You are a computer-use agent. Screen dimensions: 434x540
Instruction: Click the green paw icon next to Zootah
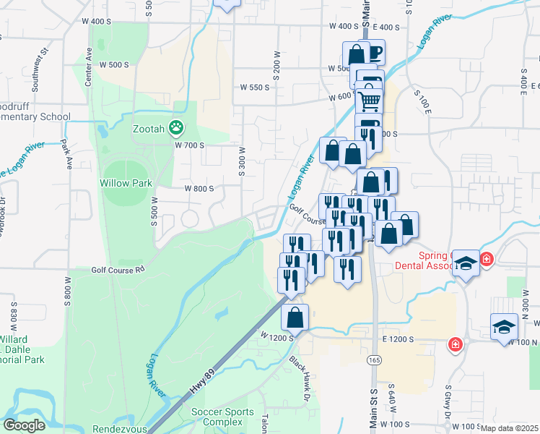pyautogui.click(x=175, y=128)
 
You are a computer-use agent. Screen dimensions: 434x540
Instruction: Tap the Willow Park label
pyautogui.click(x=126, y=183)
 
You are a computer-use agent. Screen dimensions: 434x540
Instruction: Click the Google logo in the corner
pyautogui.click(x=24, y=425)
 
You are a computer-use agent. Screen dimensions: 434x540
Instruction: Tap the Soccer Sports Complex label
pyautogui.click(x=222, y=417)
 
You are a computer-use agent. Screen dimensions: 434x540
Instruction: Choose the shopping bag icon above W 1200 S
pyautogui.click(x=295, y=317)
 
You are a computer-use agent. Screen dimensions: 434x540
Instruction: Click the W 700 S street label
pyautogui.click(x=189, y=145)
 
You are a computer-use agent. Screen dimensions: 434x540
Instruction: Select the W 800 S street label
pyautogui.click(x=199, y=188)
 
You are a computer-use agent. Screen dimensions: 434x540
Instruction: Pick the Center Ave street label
pyautogui.click(x=89, y=68)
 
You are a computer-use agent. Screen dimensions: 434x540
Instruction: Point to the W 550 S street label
pyautogui.click(x=254, y=87)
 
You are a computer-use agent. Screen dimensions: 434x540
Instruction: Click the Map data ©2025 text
pyautogui.click(x=510, y=428)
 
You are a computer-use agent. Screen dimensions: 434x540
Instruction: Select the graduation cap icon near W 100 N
pyautogui.click(x=503, y=327)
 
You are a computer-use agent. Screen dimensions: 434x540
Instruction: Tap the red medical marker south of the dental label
pyautogui.click(x=455, y=344)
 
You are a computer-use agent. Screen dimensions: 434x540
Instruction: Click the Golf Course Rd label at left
pyautogui.click(x=118, y=270)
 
